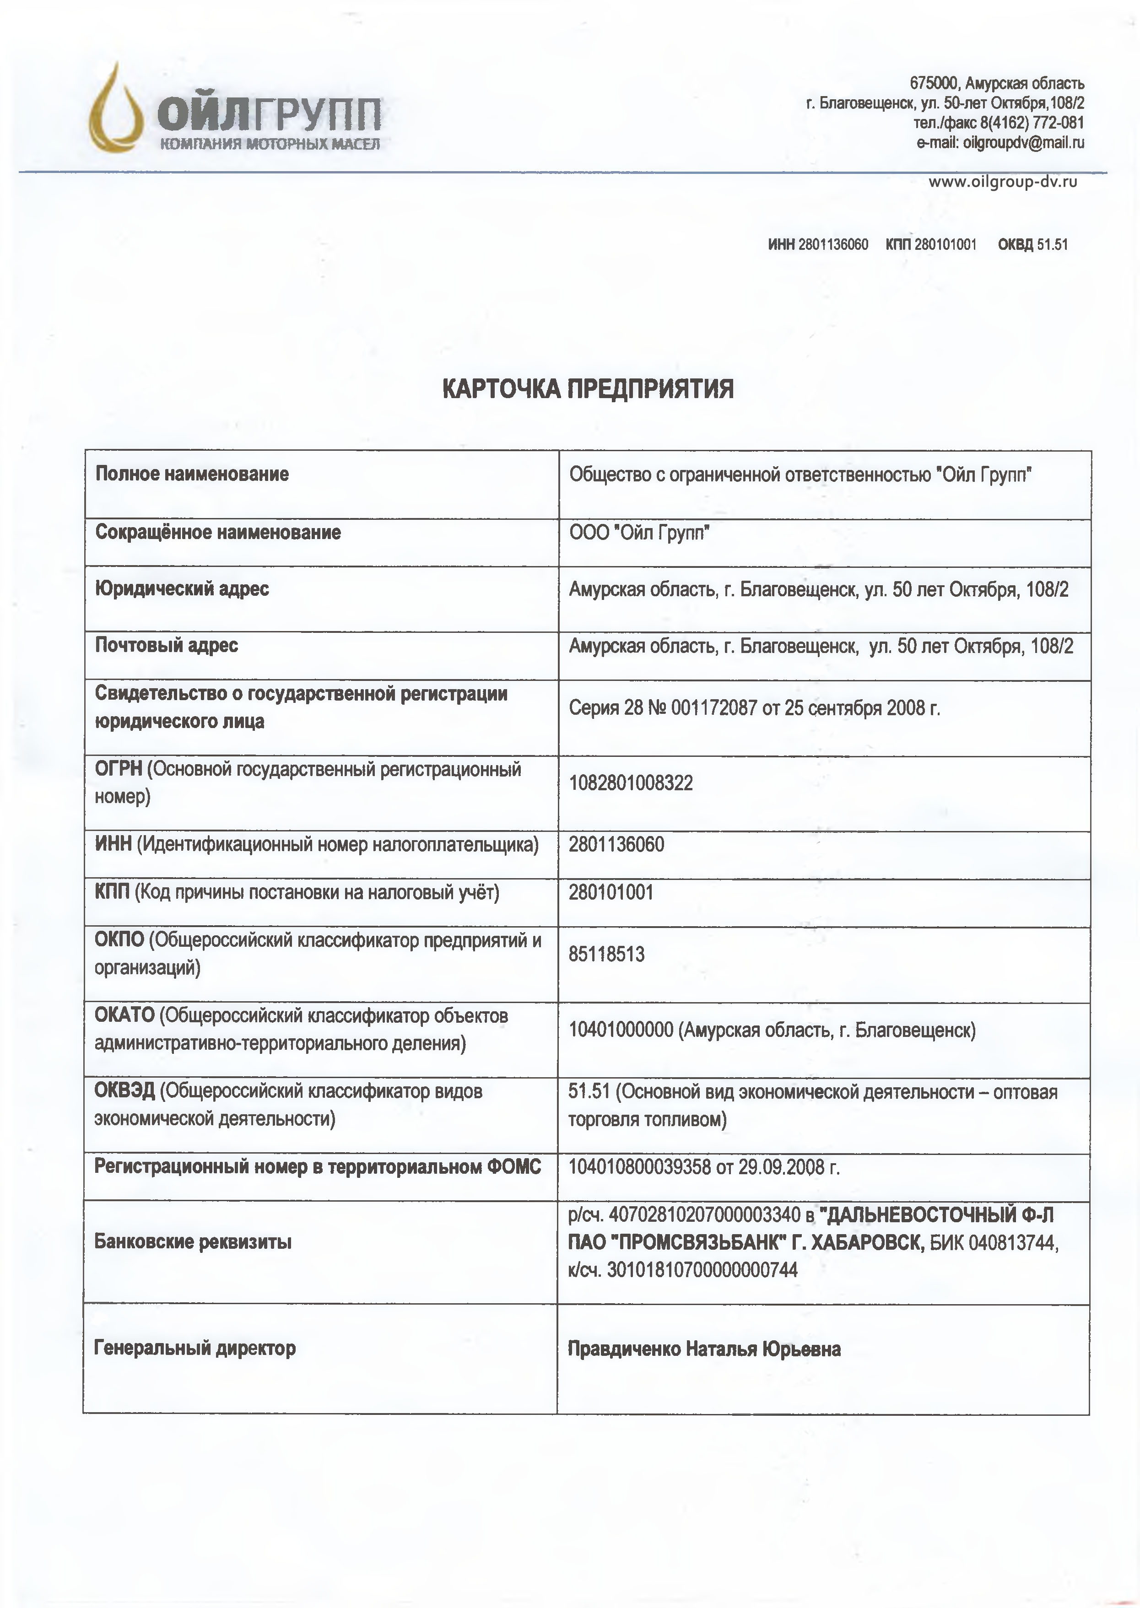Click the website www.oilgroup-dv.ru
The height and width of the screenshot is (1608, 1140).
pos(1002,182)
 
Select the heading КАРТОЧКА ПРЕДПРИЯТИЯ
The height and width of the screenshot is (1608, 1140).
pos(588,388)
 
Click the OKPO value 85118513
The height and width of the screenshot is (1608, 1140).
pos(606,955)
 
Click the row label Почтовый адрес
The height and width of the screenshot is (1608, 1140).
pos(167,645)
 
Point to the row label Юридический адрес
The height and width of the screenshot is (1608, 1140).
pos(182,588)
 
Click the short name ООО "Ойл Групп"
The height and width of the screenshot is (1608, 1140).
pos(639,534)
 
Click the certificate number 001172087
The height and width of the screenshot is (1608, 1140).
pos(714,707)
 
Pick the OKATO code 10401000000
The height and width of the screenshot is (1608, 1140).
pos(621,1031)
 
